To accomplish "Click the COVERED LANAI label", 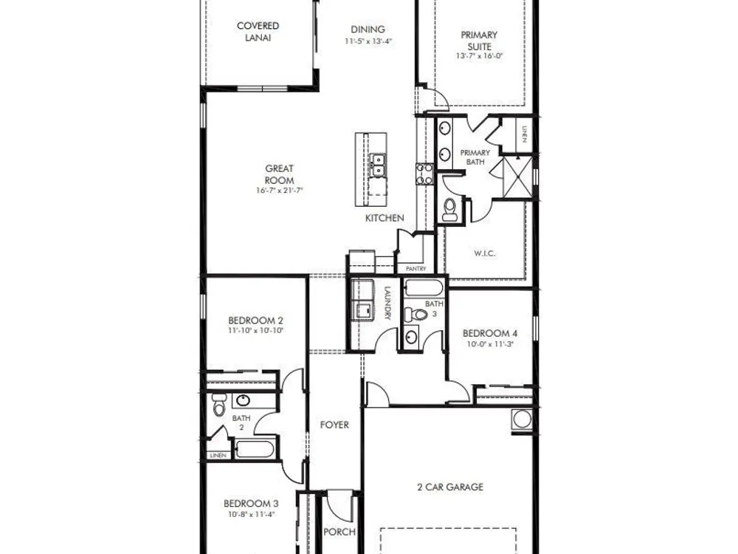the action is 258,32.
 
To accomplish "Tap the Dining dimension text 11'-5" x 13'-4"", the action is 368,41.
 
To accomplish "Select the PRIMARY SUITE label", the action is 479,41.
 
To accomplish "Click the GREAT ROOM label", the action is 279,174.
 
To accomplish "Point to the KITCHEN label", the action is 384,218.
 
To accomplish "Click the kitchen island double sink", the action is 377,165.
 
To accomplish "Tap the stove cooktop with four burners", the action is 424,174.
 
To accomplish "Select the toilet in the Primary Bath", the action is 450,209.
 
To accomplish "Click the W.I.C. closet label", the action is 484,253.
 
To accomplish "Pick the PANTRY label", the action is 415,269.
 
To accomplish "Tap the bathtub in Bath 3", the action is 424,288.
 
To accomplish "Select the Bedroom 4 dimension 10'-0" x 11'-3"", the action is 489,344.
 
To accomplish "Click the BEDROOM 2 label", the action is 255,321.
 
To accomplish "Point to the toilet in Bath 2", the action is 219,405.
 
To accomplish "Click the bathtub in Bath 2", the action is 254,449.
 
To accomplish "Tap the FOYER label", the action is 334,425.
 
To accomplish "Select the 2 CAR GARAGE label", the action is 450,487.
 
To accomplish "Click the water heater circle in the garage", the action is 522,419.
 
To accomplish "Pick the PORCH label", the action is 339,532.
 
